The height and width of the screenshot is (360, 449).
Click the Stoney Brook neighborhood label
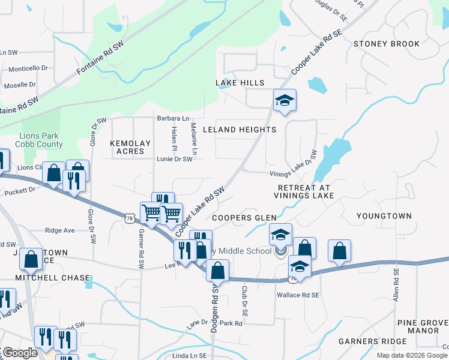386,44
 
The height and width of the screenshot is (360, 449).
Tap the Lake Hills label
240,82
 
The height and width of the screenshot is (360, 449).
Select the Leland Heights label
240,130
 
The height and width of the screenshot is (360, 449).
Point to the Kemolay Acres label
127,147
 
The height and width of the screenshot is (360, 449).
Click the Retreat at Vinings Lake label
303,191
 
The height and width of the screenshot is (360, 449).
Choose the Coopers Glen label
244,218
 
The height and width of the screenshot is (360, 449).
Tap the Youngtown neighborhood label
384,216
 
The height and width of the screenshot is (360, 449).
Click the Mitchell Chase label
53,278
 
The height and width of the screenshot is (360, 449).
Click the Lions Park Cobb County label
41,140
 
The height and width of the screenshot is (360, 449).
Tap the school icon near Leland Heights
285,101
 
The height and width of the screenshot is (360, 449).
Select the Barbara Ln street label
173,118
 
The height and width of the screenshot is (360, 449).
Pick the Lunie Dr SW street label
175,159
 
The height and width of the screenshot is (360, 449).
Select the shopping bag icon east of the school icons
340,252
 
